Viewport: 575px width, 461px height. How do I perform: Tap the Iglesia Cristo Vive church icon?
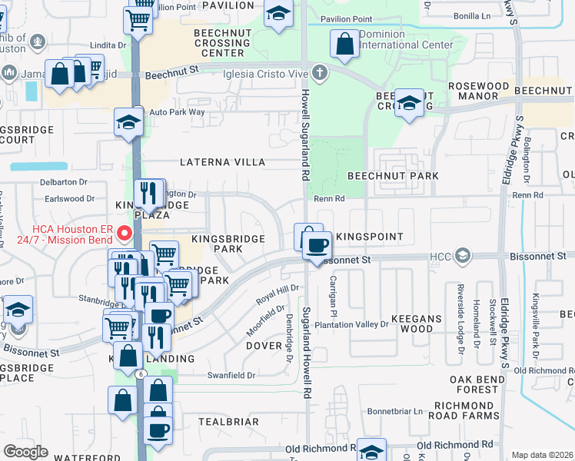320,74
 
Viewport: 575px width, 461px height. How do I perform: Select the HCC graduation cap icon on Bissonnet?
462,254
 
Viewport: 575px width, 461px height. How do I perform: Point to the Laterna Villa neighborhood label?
222,163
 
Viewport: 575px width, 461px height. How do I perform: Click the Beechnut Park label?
393,176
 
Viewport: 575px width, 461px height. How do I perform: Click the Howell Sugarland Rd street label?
304,138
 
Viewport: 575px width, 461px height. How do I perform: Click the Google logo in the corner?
26,452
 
